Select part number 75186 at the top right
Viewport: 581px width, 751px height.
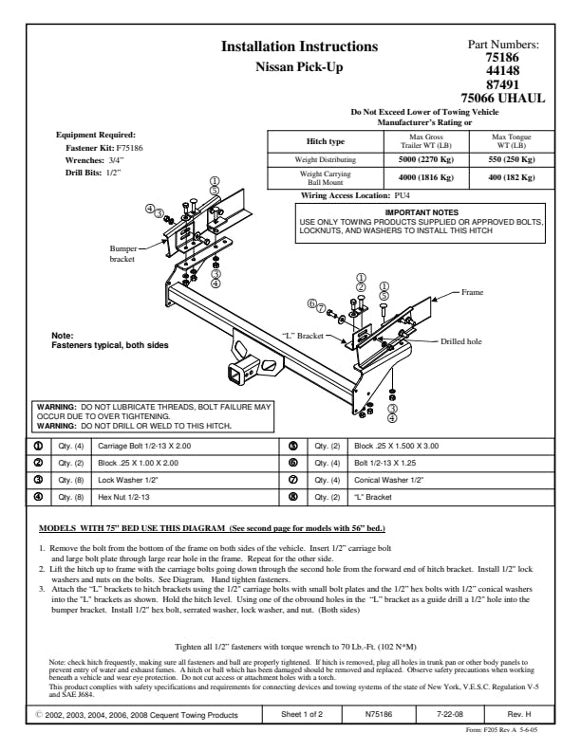pyautogui.click(x=502, y=58)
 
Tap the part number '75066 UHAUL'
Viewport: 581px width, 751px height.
pyautogui.click(x=502, y=98)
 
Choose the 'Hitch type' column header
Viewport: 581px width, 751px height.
pyautogui.click(x=325, y=141)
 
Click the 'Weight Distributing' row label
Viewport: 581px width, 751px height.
pyautogui.click(x=325, y=160)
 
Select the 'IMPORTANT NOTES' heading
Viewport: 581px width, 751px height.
pyautogui.click(x=422, y=211)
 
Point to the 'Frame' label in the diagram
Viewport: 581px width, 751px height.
pyautogui.click(x=472, y=293)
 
